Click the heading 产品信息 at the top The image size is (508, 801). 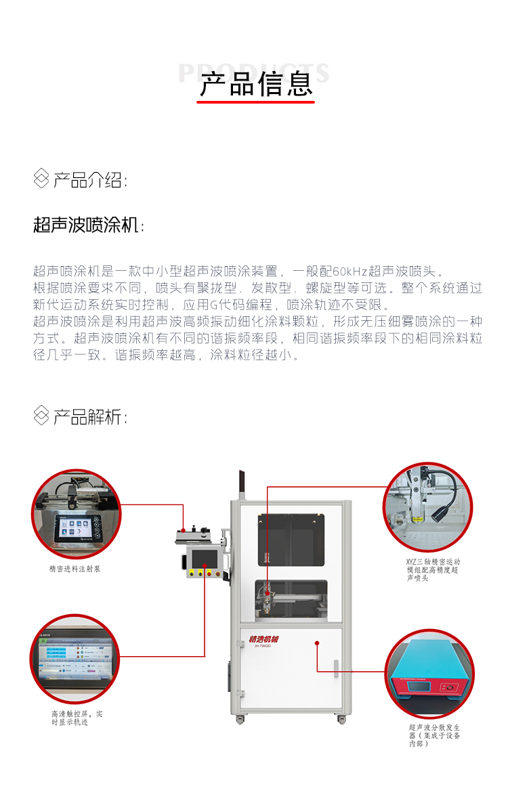(256, 83)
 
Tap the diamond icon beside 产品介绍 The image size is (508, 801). (41, 179)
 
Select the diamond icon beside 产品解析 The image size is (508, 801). (41, 416)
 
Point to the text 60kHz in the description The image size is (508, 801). (350, 272)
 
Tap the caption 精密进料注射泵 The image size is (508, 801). (75, 569)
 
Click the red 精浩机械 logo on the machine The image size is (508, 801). (263, 638)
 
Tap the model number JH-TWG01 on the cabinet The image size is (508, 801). (263, 647)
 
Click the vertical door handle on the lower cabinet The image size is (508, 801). (337, 671)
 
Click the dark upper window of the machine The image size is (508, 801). (291, 539)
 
